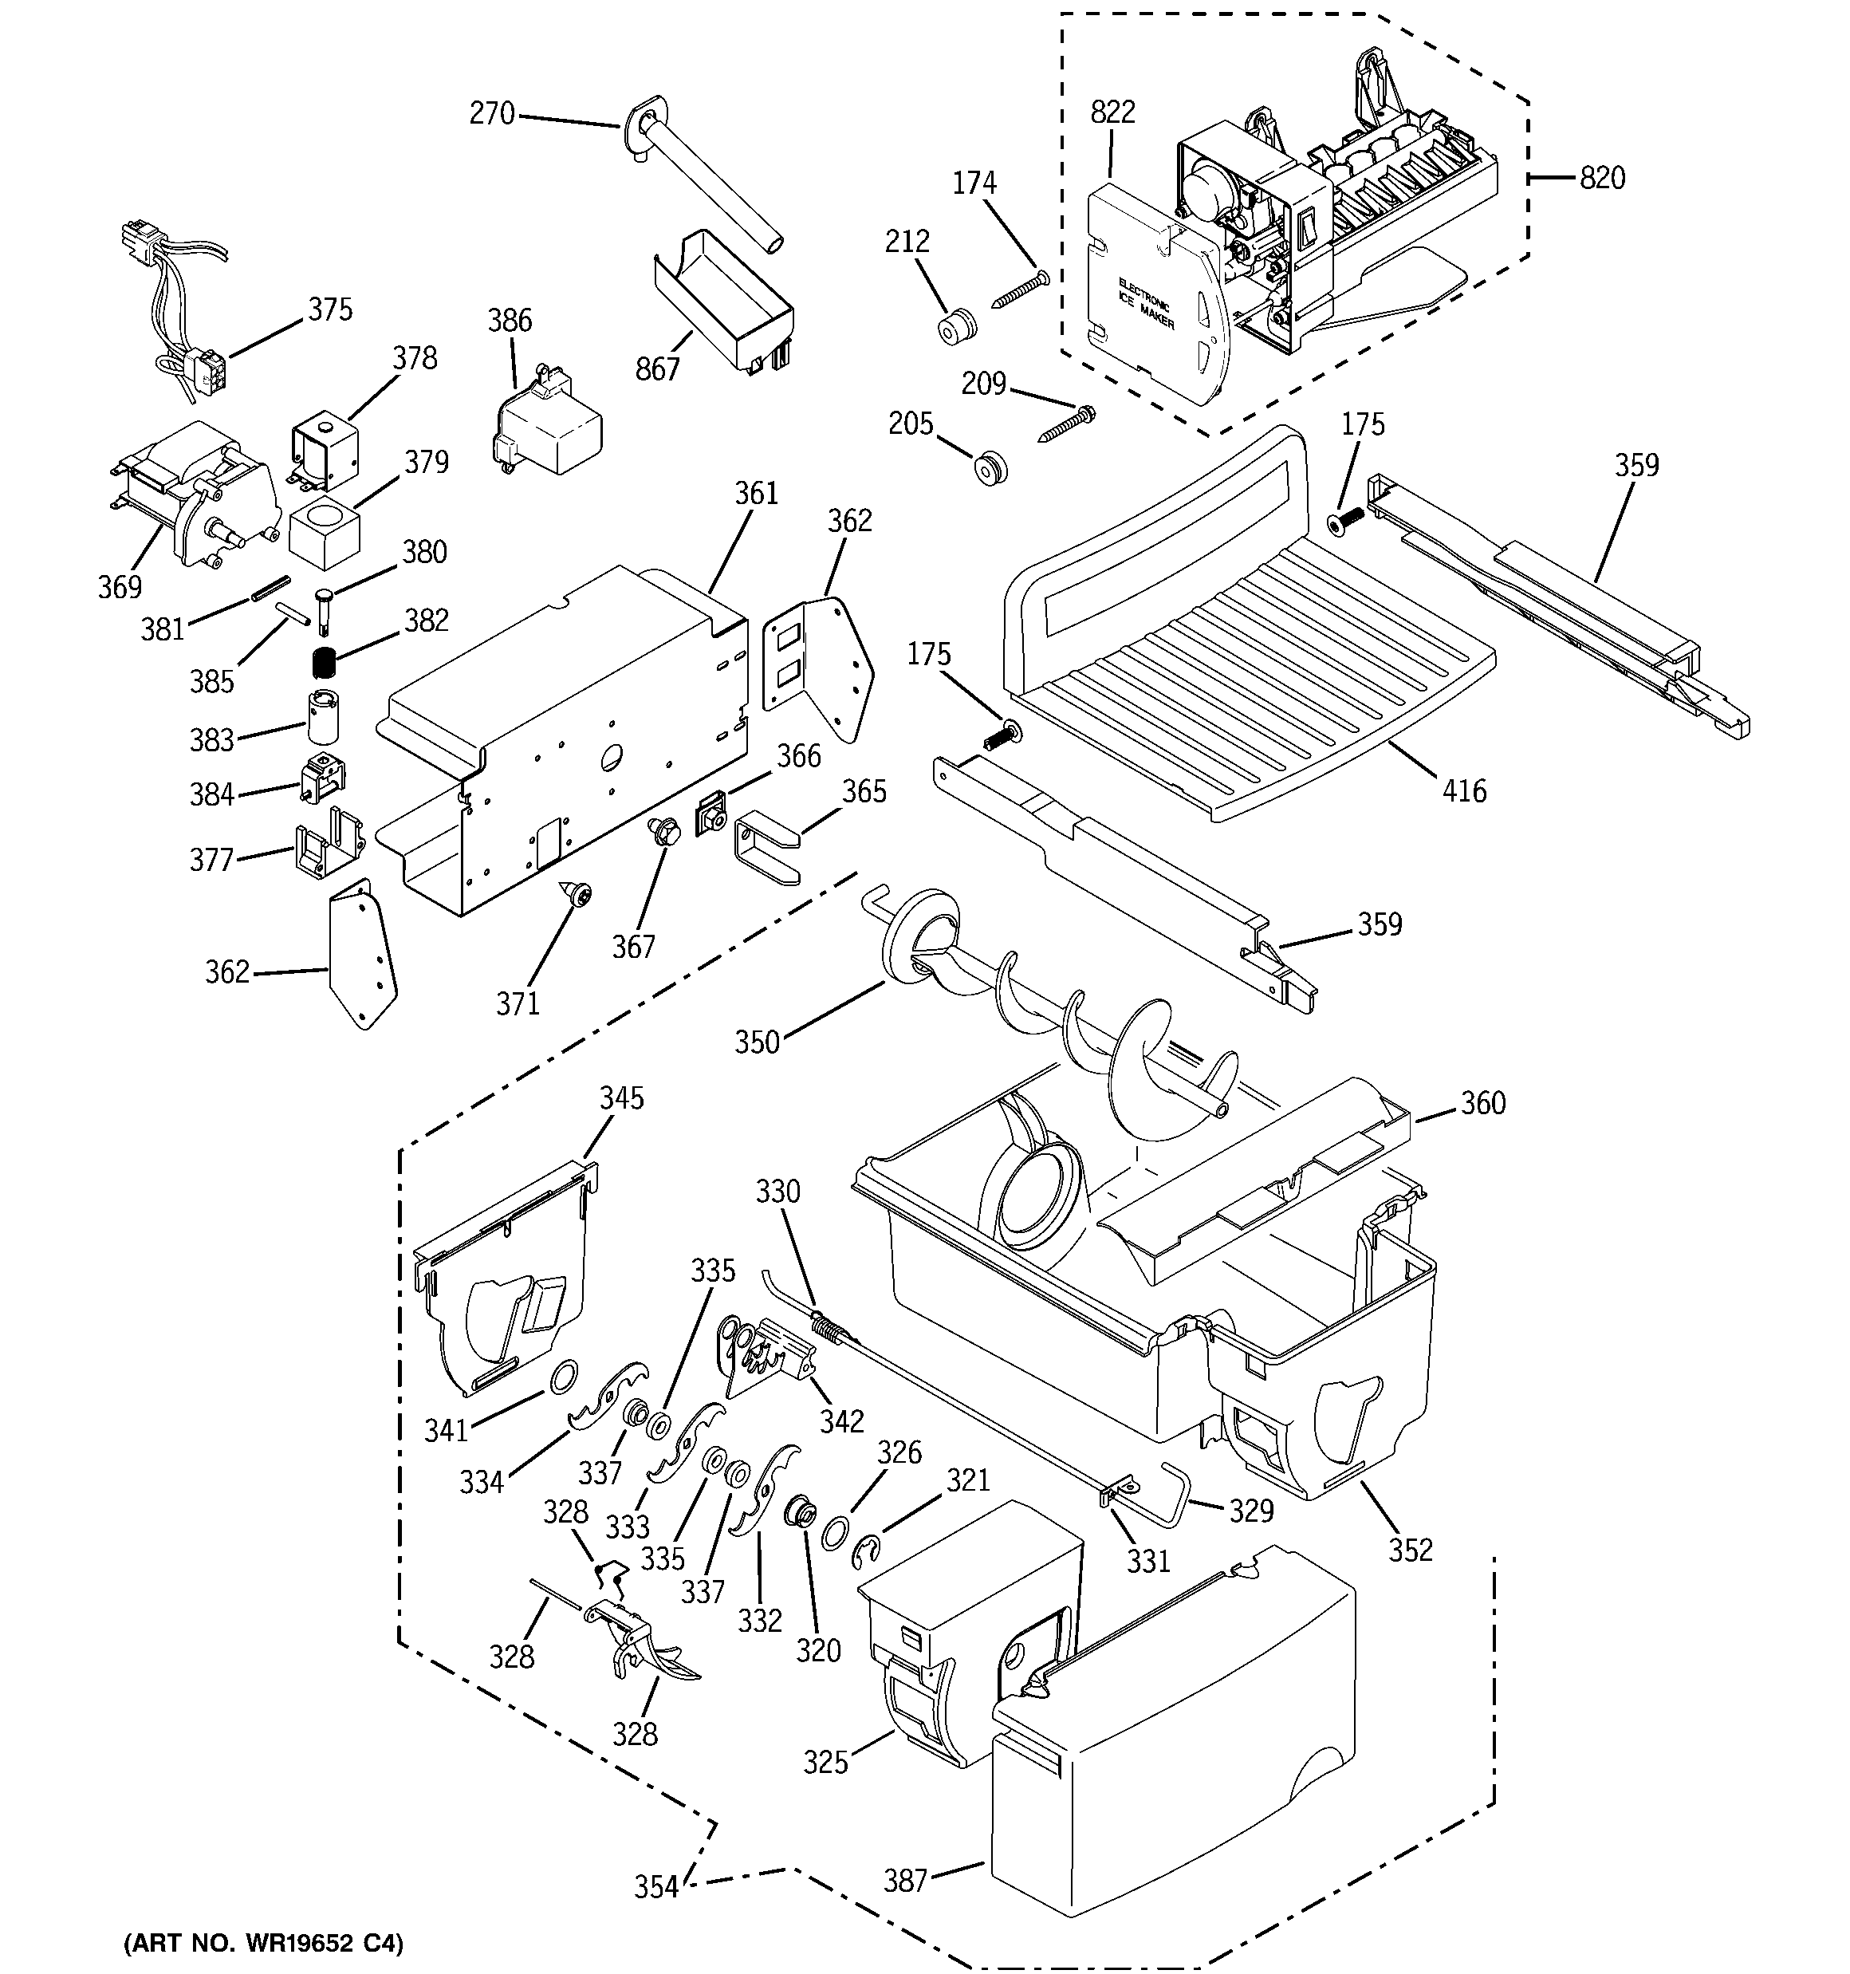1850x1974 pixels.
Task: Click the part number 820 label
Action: pyautogui.click(x=1602, y=178)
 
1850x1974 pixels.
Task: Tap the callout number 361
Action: pyautogui.click(x=757, y=494)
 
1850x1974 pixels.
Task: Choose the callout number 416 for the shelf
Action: pyautogui.click(x=1464, y=790)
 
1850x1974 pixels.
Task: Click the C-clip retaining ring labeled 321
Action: pyautogui.click(x=867, y=1552)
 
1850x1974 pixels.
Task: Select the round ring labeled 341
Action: pyautogui.click(x=563, y=1377)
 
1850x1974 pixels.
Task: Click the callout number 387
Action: pyautogui.click(x=904, y=1880)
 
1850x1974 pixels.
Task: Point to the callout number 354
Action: pyautogui.click(x=656, y=1886)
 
